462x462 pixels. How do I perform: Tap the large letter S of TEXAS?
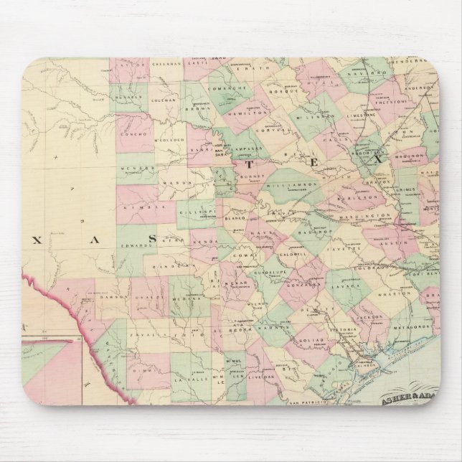tap(152, 237)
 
